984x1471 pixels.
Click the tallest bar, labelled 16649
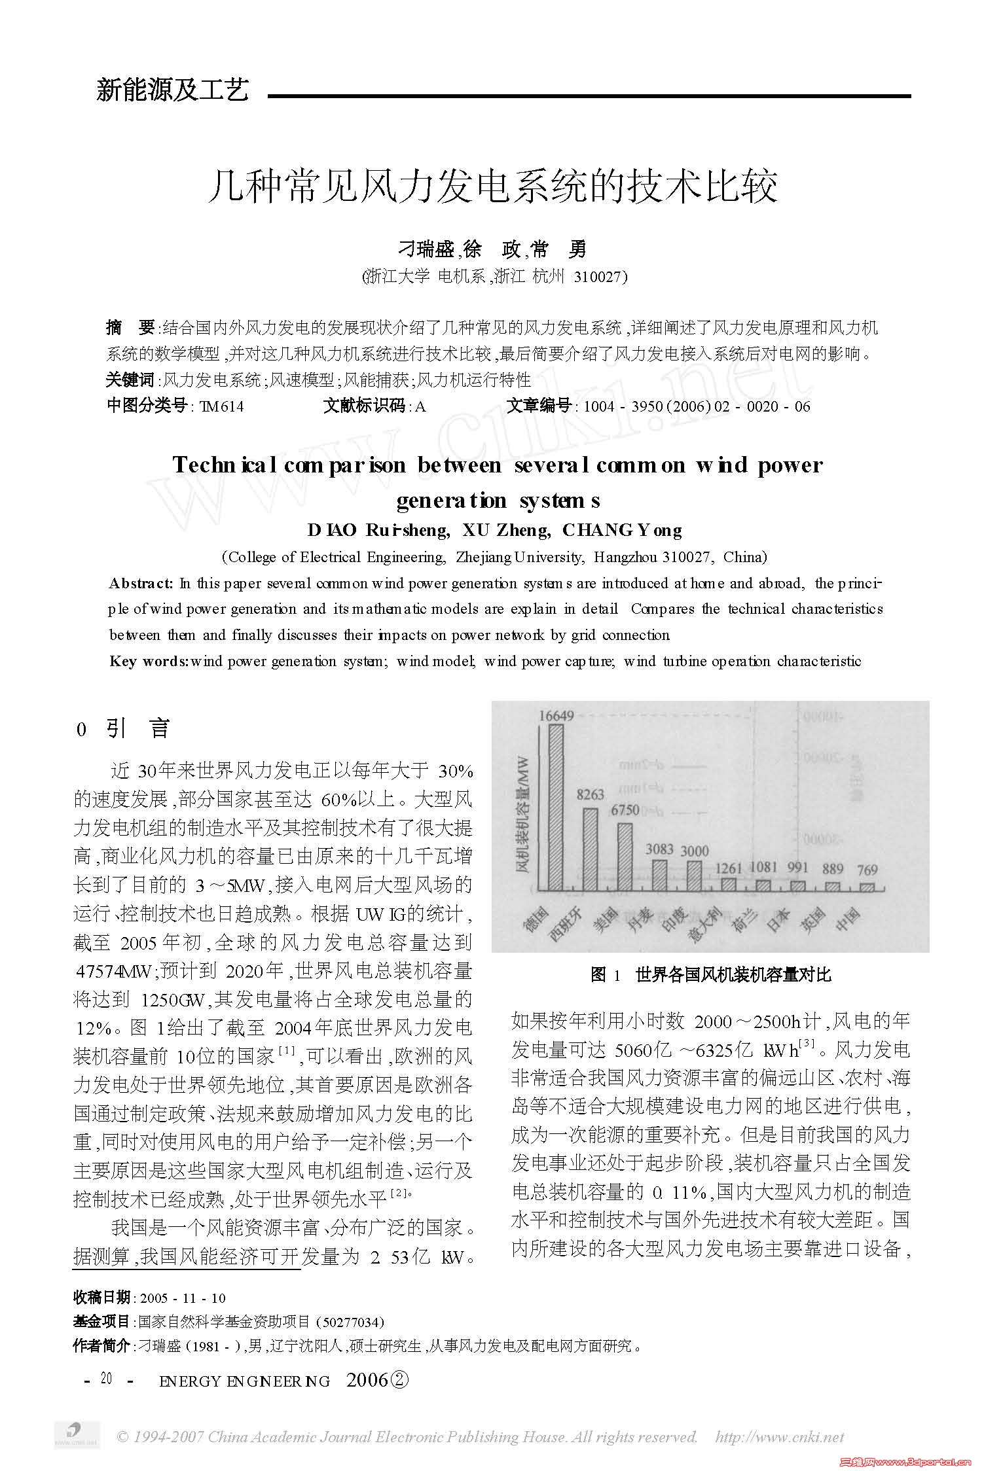click(x=556, y=808)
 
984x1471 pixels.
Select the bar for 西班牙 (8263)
click(x=591, y=849)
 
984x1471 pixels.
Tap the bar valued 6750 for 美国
click(x=625, y=857)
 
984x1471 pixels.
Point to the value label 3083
click(x=659, y=849)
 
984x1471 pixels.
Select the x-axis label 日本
click(x=778, y=919)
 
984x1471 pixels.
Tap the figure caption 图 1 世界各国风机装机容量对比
click(x=710, y=975)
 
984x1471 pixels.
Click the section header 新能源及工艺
click(x=173, y=90)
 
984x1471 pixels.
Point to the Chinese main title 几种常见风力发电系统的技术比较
click(x=492, y=186)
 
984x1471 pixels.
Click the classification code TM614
click(x=222, y=407)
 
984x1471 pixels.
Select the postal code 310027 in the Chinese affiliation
click(x=598, y=277)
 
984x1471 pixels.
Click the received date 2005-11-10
click(x=183, y=1298)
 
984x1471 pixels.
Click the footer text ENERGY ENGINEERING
click(x=245, y=1381)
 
